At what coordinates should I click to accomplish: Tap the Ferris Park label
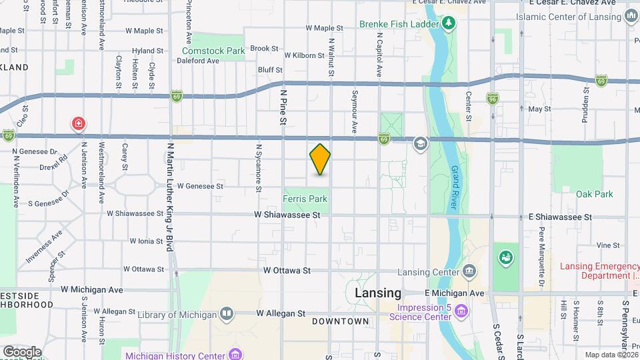305,199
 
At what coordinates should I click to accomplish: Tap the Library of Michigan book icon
227,314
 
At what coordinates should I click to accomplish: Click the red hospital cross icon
79,123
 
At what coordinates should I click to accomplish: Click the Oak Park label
594,194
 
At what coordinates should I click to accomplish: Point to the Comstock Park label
204,51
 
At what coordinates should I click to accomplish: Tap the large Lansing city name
378,293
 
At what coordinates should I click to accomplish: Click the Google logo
22,352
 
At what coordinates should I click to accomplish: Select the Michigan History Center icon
235,355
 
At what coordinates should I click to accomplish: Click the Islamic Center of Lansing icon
631,17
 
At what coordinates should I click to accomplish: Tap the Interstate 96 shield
492,98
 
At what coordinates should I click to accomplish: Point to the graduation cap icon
420,143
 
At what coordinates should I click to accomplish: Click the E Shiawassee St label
560,217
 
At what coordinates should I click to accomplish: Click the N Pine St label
283,109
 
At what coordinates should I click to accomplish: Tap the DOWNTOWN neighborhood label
340,321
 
